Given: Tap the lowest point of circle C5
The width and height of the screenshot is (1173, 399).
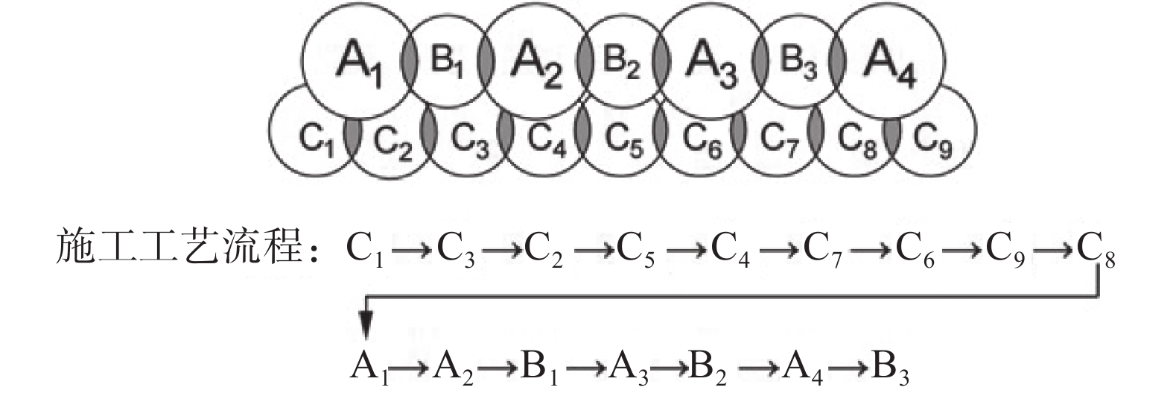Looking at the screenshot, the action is pyautogui.click(x=622, y=177).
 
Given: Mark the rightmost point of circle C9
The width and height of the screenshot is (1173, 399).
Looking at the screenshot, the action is pyautogui.click(x=977, y=131).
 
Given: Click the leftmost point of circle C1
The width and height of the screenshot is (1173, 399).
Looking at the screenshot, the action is pyautogui.click(x=269, y=131).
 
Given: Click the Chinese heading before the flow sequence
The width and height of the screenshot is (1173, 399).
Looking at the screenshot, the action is pyautogui.click(x=186, y=246).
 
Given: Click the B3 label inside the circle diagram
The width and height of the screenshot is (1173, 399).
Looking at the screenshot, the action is pyautogui.click(x=797, y=63).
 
